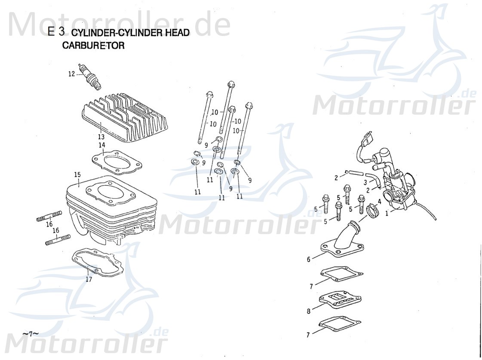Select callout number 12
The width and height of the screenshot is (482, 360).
71,74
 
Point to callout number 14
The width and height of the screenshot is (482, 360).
102,145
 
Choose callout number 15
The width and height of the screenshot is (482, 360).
77,174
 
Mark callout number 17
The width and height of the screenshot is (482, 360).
89,279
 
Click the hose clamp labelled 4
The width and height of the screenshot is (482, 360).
372,210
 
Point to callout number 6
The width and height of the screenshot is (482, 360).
308,259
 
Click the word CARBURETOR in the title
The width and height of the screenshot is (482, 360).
94,46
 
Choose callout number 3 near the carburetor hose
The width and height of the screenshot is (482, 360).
365,183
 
